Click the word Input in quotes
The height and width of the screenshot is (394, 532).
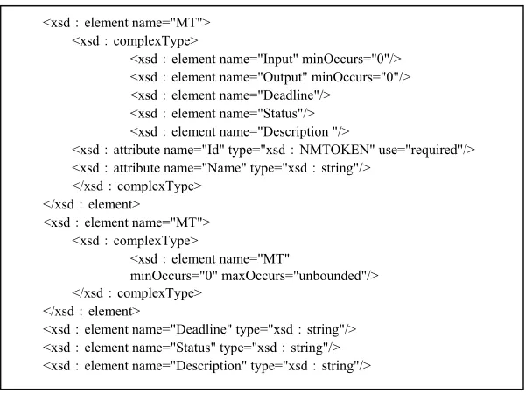280,60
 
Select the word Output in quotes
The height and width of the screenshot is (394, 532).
285,78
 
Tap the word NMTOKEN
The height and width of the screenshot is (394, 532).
334,150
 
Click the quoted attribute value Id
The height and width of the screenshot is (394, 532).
213,150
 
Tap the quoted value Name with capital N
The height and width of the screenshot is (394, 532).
224,168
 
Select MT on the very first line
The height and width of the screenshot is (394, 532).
186,23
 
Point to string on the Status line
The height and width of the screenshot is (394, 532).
306,348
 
